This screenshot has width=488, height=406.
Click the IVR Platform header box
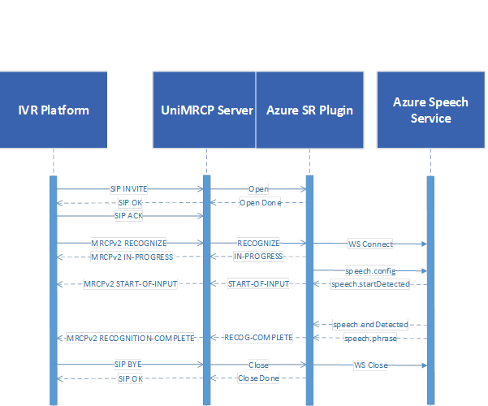click(54, 110)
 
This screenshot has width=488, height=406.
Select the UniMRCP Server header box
click(204, 110)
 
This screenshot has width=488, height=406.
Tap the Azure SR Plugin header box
click(309, 110)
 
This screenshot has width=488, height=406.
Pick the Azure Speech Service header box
click(431, 110)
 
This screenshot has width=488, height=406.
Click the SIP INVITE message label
click(129, 189)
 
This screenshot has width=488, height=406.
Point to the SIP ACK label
click(128, 216)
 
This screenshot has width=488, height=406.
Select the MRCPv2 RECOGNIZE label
click(128, 243)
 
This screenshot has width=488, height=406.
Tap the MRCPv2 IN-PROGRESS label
click(132, 257)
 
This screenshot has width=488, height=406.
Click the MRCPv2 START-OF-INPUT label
click(131, 284)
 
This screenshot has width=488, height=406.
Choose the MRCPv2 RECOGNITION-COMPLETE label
click(131, 338)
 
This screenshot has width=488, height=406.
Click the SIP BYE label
click(128, 365)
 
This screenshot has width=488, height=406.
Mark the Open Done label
click(260, 203)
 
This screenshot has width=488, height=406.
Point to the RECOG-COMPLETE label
click(258, 338)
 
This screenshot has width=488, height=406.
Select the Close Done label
click(258, 378)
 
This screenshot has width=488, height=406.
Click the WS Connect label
click(370, 244)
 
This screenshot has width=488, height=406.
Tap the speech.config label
click(370, 271)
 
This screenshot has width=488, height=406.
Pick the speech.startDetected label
click(370, 284)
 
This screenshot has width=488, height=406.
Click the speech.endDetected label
click(370, 325)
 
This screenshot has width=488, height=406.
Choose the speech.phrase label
click(370, 339)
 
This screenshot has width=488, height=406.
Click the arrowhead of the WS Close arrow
click(424, 365)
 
